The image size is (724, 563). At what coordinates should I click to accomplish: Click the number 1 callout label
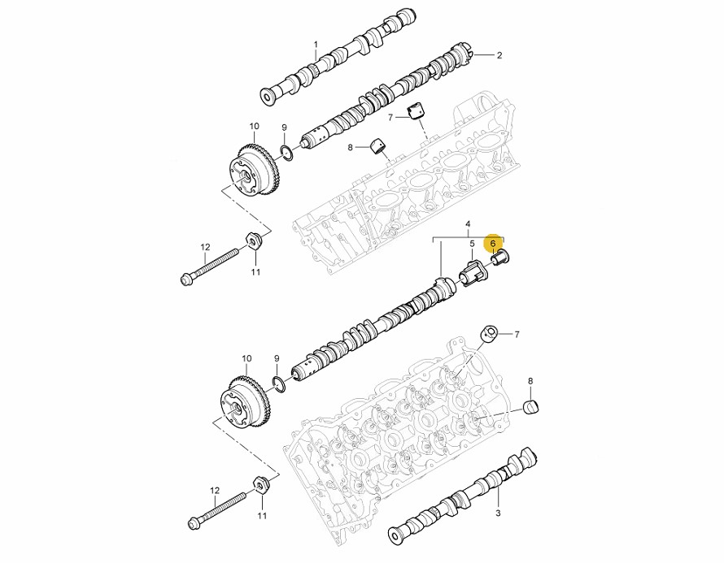[x=316, y=45]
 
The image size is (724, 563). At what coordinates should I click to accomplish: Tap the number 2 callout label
[x=499, y=55]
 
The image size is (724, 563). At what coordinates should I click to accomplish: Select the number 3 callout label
[x=498, y=513]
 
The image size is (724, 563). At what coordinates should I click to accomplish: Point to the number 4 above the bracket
[x=469, y=224]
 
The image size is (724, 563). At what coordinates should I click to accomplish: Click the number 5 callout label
[x=472, y=243]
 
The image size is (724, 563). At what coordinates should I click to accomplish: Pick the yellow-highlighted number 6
[x=493, y=243]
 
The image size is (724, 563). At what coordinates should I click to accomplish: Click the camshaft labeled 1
[x=339, y=57]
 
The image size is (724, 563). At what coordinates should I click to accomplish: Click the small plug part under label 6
[x=501, y=258]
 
